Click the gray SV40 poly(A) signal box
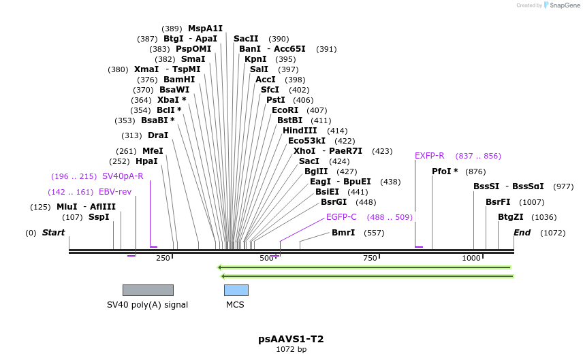[148, 290]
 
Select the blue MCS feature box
[236, 290]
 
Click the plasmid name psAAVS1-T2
[291, 339]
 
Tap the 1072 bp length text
[291, 350]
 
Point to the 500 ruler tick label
[266, 258]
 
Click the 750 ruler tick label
[370, 258]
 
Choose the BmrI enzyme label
[343, 233]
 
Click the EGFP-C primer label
[341, 217]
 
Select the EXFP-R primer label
[429, 156]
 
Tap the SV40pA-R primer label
[123, 176]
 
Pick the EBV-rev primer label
[115, 192]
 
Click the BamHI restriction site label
[179, 80]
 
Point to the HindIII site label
[300, 131]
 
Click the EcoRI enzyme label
[285, 110]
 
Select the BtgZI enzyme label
[510, 217]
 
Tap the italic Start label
[53, 233]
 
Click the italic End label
[522, 233]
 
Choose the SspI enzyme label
[99, 217]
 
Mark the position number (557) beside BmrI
[374, 233]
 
